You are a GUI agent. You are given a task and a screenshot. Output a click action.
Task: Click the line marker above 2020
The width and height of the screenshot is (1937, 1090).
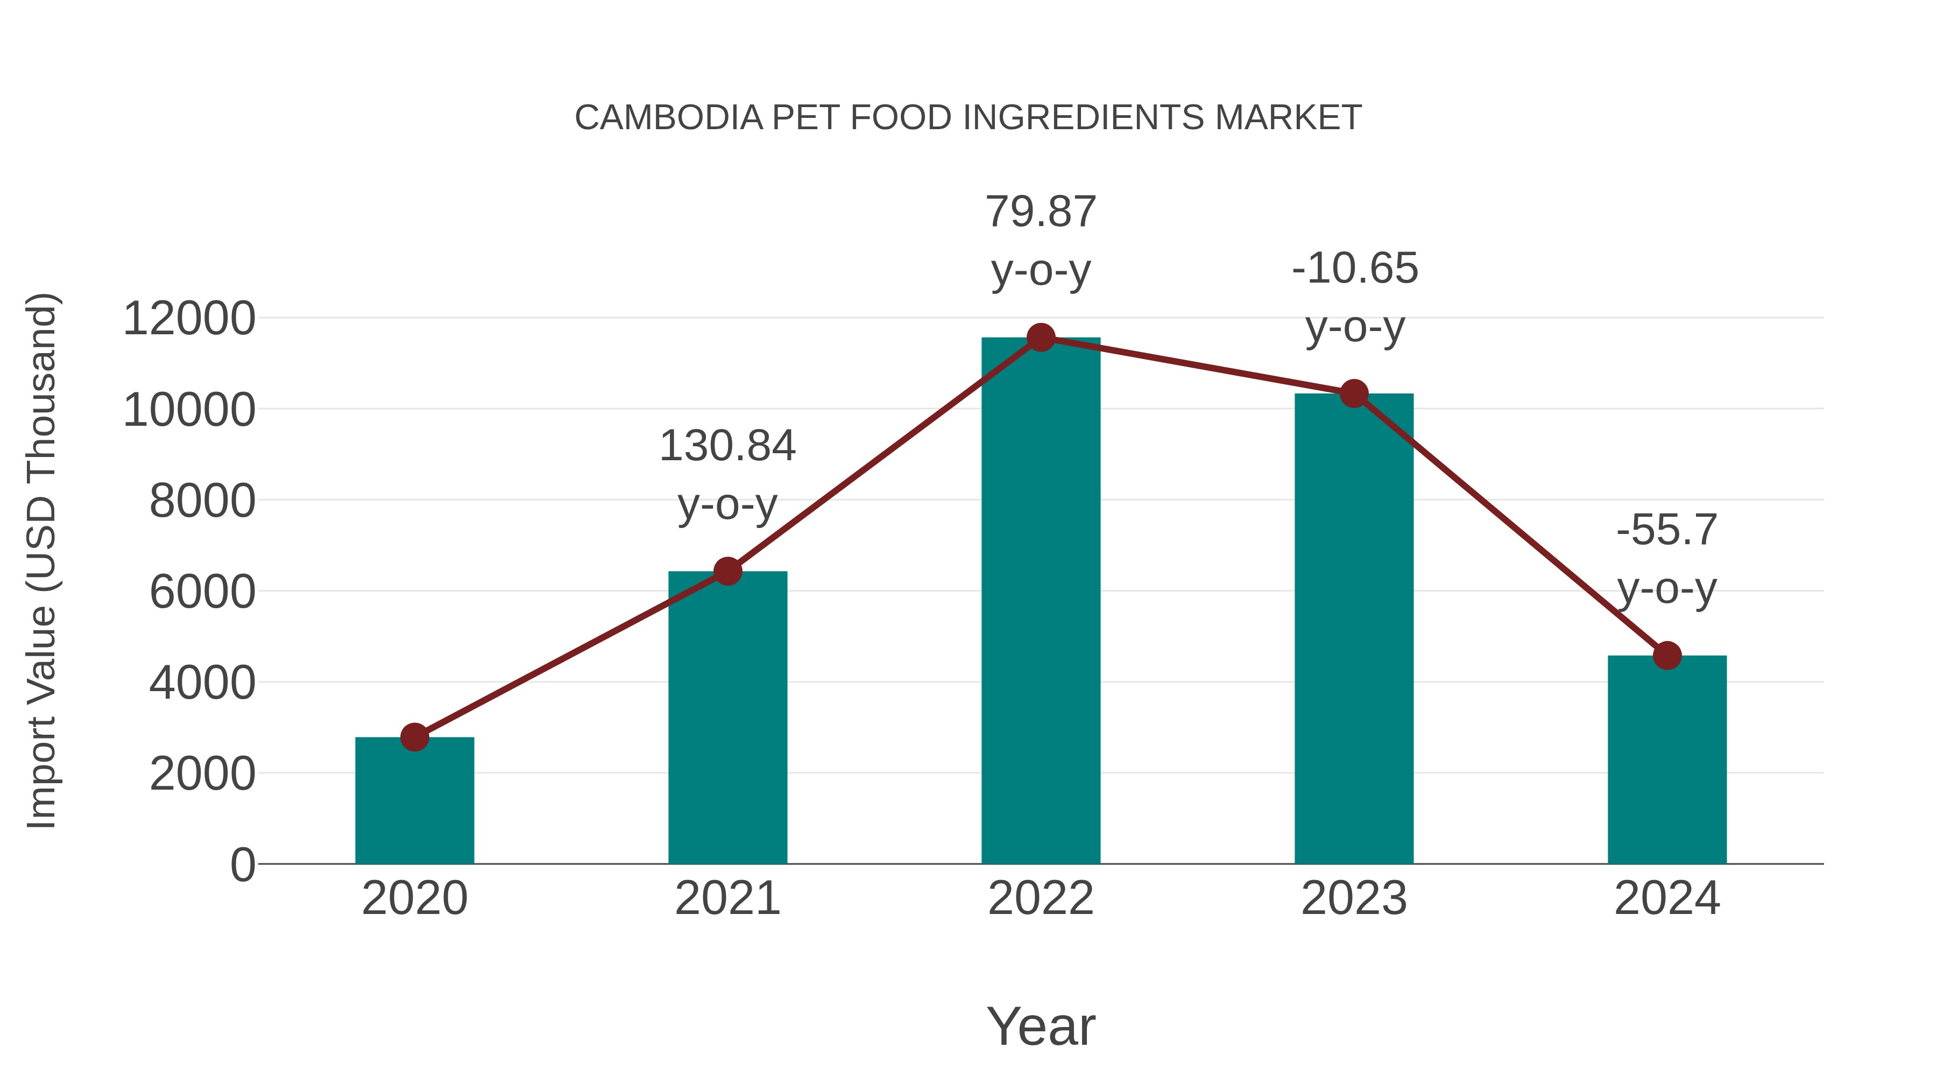pos(414,737)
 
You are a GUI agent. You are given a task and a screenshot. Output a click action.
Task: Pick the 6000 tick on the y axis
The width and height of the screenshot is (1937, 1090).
pos(202,592)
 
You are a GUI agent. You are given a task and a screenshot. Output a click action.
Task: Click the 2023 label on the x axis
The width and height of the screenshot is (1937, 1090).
pos(1354,898)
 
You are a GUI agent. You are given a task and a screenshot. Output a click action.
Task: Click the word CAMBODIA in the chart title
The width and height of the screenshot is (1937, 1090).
pos(668,118)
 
